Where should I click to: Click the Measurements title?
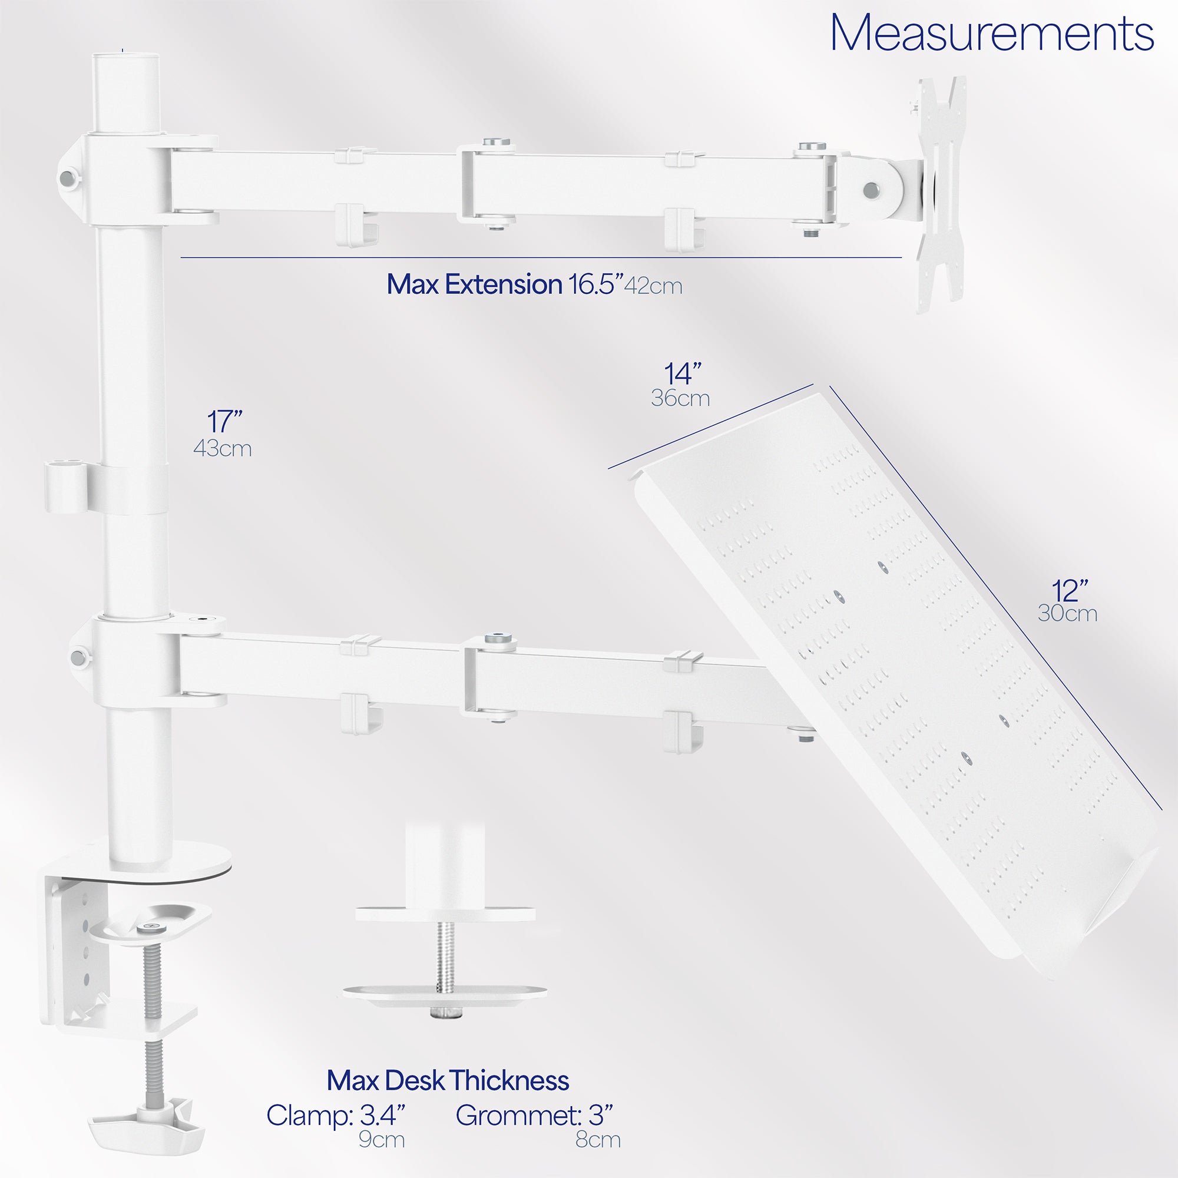click(991, 34)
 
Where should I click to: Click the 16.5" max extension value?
click(595, 284)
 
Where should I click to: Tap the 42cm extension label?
click(653, 286)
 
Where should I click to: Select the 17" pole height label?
click(224, 421)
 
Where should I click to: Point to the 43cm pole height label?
click(222, 449)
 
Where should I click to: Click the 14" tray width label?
click(682, 374)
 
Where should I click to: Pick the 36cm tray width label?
click(680, 398)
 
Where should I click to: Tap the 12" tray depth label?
click(1070, 590)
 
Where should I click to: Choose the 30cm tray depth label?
click(1067, 613)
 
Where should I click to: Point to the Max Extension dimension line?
click(541, 258)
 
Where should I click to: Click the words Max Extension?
click(474, 284)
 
